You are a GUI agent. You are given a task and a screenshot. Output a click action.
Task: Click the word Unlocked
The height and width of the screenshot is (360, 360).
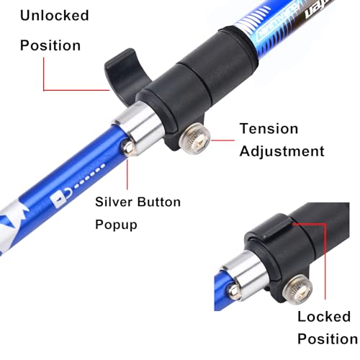(x=55, y=15)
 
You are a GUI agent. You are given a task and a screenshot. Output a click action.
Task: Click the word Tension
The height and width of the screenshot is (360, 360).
(x=269, y=128)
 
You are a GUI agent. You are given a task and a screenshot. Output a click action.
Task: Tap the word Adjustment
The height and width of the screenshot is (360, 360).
(x=282, y=152)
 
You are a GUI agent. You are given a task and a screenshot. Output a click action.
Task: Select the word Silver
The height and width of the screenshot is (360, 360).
(x=114, y=202)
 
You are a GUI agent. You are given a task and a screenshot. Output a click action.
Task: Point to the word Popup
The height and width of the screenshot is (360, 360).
(x=116, y=225)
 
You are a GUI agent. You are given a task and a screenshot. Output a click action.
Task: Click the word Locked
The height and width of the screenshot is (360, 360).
(x=324, y=316)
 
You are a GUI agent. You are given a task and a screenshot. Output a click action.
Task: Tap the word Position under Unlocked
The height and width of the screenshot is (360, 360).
(x=50, y=45)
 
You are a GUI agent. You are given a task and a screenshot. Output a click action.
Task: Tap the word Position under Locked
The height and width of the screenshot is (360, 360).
(x=328, y=339)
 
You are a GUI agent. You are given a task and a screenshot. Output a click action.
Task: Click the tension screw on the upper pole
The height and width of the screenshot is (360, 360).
(x=195, y=139)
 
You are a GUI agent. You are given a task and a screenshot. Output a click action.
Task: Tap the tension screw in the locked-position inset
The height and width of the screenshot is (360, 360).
(x=297, y=289)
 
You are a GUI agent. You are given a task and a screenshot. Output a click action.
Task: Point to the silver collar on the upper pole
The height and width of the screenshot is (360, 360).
(x=139, y=128)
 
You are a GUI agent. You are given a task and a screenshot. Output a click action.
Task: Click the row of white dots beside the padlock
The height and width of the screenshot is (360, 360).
(x=89, y=176)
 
